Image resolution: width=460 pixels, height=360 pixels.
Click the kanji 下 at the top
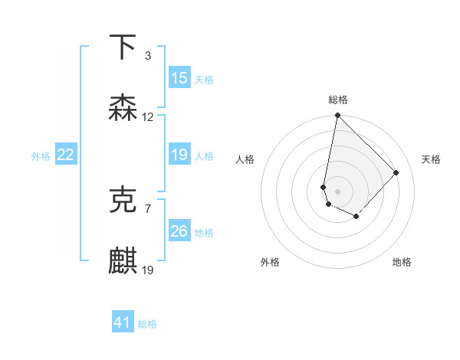123,47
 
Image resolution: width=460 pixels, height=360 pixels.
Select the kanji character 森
123,107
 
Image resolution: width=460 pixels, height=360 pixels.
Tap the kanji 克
123,200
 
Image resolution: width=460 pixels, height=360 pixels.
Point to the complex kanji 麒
123,260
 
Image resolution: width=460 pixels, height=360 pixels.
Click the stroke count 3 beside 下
147,56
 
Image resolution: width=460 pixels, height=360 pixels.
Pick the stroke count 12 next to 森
148,117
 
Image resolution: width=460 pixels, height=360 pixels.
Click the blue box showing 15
179,78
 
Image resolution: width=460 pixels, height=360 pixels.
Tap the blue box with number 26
179,231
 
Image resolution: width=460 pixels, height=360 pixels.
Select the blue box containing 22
65,155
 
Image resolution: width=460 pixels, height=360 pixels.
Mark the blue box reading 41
123,322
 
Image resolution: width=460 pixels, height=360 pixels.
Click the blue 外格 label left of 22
41,156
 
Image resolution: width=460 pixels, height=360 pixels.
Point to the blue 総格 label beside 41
147,324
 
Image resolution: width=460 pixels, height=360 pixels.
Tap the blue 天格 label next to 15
203,79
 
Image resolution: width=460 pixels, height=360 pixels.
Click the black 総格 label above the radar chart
338,100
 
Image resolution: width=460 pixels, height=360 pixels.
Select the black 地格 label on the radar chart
402,262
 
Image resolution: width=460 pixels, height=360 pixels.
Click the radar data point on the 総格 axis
337,116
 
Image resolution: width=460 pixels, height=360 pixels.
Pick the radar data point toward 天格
396,172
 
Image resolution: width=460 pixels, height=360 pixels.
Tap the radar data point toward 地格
356,217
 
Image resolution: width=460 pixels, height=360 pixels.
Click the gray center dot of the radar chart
337,191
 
